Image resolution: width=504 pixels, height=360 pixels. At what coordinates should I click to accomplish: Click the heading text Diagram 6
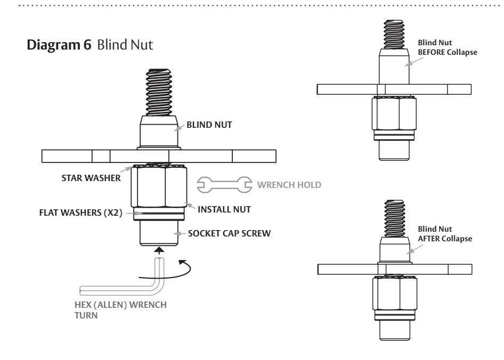[x=59, y=45]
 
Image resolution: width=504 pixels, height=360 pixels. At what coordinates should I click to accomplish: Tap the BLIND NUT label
[x=209, y=125]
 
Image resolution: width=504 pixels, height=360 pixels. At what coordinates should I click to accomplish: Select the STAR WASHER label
[x=91, y=178]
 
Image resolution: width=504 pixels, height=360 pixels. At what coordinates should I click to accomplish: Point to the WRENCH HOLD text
[x=289, y=185]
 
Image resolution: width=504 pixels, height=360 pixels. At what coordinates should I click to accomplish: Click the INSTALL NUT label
[x=224, y=209]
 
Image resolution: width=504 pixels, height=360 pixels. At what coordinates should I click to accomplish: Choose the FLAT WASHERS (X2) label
[x=80, y=213]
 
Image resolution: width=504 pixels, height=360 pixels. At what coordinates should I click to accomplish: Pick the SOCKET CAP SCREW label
[x=229, y=233]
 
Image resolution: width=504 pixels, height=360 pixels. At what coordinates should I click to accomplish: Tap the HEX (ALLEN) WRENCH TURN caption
[x=120, y=310]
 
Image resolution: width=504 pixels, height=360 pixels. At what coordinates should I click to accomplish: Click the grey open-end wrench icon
[x=224, y=185]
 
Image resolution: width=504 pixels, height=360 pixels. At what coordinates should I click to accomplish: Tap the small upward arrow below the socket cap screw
[x=159, y=250]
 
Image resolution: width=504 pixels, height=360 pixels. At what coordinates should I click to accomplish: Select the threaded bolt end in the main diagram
[x=159, y=92]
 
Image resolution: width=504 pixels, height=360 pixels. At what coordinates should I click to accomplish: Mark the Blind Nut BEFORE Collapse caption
[x=448, y=47]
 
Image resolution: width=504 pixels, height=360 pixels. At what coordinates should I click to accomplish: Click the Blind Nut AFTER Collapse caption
[x=445, y=234]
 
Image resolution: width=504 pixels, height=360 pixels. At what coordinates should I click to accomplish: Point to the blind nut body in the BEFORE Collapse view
[x=394, y=66]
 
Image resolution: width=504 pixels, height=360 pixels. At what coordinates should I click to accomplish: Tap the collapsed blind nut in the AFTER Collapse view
[x=394, y=250]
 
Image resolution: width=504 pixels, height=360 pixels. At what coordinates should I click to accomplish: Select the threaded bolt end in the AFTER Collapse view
[x=394, y=218]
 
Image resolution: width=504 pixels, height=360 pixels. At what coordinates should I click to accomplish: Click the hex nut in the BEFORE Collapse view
[x=394, y=113]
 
